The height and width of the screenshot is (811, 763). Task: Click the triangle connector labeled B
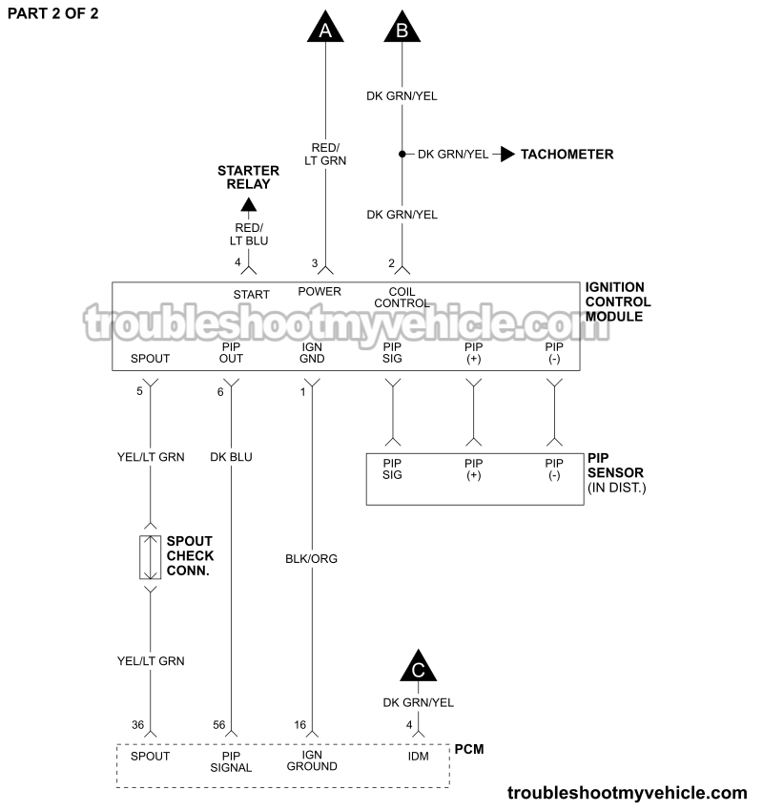click(402, 28)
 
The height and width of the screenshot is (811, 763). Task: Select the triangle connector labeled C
click(418, 668)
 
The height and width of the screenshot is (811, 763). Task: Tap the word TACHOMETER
click(567, 154)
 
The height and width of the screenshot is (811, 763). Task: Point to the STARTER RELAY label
click(248, 177)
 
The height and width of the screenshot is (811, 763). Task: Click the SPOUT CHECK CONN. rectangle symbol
click(151, 557)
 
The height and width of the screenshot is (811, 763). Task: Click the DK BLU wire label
click(231, 457)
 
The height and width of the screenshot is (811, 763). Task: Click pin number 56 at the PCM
click(218, 725)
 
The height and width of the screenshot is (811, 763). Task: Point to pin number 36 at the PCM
click(137, 725)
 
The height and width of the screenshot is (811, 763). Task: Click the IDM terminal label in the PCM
click(418, 756)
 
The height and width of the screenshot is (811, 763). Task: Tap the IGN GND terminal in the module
click(313, 353)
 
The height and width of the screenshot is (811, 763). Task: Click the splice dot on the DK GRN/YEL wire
click(402, 154)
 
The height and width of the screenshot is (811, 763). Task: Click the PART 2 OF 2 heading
click(52, 13)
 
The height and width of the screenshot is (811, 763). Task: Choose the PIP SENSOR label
click(615, 472)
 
